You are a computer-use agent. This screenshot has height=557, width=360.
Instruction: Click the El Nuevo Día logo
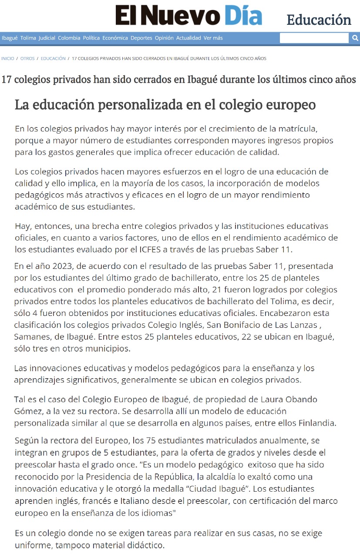[188, 16]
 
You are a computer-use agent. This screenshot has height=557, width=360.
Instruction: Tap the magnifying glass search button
[355, 38]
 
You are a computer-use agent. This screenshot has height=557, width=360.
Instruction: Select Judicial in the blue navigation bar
[47, 38]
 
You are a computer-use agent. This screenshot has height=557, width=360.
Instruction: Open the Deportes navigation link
[141, 38]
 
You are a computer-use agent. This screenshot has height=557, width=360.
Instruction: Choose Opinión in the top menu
[164, 38]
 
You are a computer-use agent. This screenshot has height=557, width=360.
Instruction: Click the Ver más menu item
[213, 38]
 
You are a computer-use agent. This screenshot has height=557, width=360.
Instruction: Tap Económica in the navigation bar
[115, 38]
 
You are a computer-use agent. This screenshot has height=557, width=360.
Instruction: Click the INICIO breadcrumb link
[7, 58]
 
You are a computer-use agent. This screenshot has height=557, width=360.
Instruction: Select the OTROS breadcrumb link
[27, 58]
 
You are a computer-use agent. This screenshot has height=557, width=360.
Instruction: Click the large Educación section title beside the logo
[319, 20]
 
